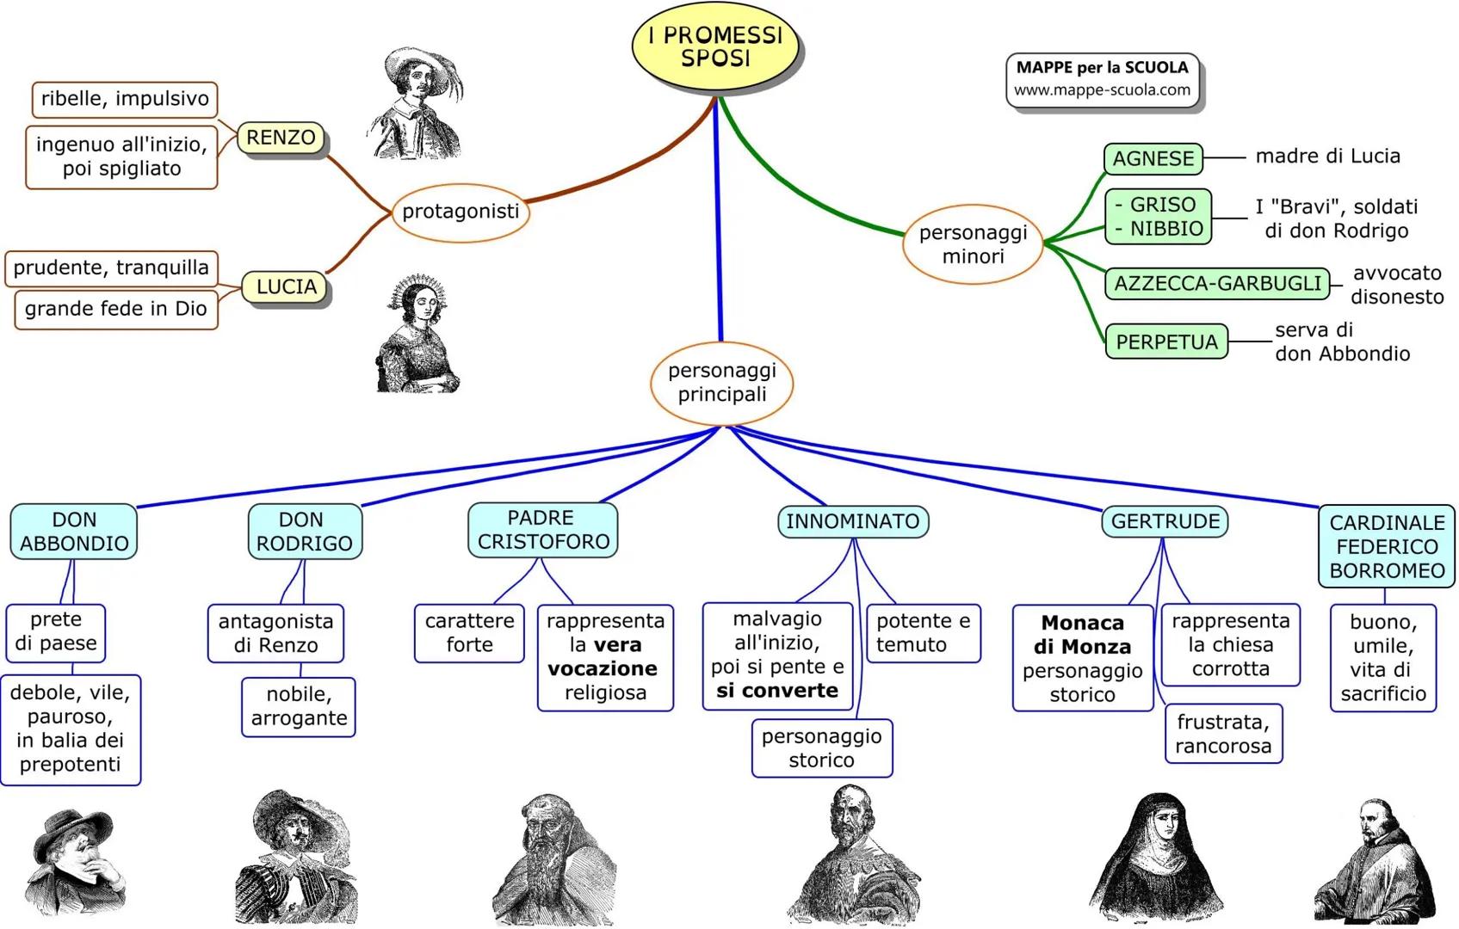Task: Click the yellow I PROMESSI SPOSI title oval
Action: pos(715,47)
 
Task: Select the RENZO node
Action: pos(281,138)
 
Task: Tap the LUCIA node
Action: pos(286,287)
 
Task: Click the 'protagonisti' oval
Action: pos(461,212)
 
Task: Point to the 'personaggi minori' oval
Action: pos(973,244)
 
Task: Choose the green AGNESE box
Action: pos(1153,159)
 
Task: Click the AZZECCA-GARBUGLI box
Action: pos(1217,284)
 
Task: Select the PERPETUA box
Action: pos(1166,342)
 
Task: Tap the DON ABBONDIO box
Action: pos(74,532)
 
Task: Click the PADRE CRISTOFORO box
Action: pos(543,530)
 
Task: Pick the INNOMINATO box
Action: pos(852,521)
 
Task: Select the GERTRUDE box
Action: pos(1165,521)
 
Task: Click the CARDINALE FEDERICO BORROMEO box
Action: pos(1387,546)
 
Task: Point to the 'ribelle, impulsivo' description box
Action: pos(125,99)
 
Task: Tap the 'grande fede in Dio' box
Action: pos(116,310)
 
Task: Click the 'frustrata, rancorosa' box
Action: pos(1223,734)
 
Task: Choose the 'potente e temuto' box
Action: pos(923,633)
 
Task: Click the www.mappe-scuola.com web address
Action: pos(1102,90)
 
